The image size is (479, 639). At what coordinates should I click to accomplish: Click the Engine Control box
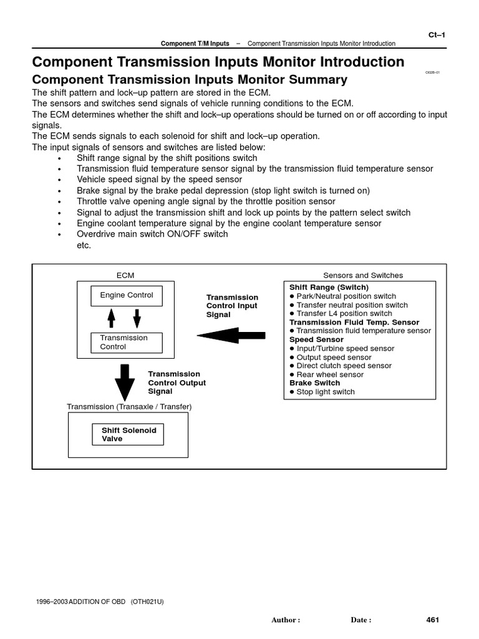[127, 295]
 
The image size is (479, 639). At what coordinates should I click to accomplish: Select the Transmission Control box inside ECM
[126, 343]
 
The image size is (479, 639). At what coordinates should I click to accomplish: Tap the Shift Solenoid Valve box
[128, 434]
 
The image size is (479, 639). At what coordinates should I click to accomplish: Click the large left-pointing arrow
[231, 336]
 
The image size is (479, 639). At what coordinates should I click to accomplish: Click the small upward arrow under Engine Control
[112, 318]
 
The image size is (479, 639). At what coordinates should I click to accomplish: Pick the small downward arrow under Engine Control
[137, 318]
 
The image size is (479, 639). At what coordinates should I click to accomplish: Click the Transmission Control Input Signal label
[232, 306]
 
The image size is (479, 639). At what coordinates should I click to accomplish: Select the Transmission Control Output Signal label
[177, 383]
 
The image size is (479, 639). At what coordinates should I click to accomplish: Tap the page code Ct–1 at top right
[436, 36]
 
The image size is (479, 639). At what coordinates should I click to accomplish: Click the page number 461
[433, 620]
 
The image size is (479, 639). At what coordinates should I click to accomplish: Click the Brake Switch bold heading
[315, 383]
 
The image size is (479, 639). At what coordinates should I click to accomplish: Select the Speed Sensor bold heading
[316, 339]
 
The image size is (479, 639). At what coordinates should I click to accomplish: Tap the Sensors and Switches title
[363, 275]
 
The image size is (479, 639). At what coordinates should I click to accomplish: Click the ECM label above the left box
[125, 275]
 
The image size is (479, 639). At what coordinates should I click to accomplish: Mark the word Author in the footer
[286, 620]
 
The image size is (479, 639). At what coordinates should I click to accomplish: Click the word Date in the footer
[361, 620]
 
